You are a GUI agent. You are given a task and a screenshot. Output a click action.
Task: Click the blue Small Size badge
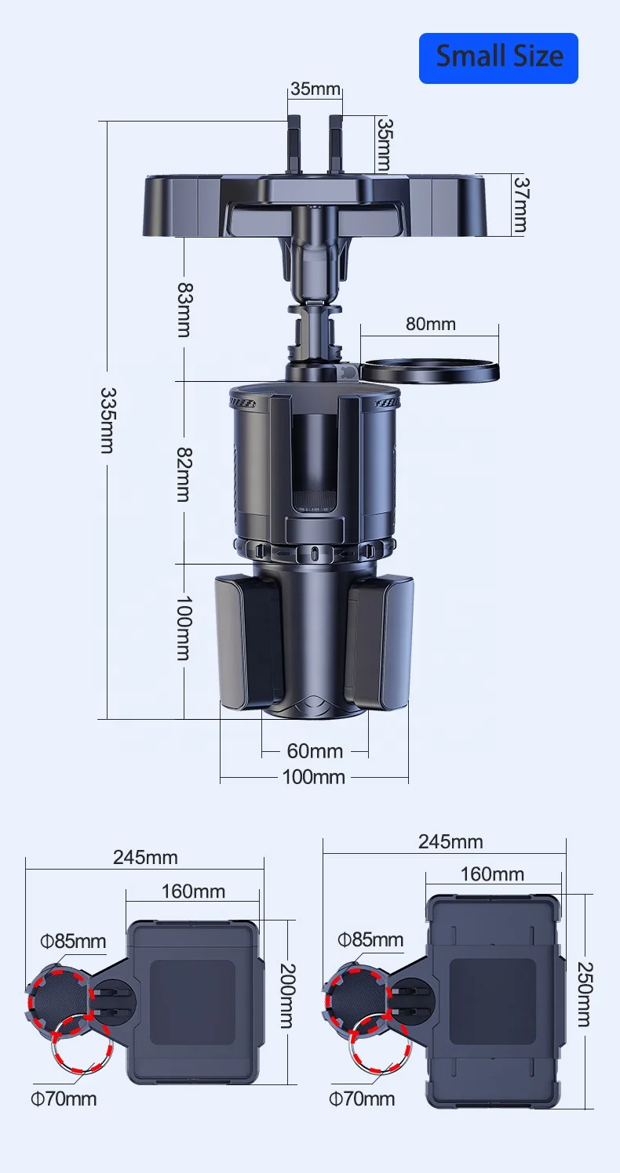tap(498, 58)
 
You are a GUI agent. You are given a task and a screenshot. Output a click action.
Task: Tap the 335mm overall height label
tap(108, 420)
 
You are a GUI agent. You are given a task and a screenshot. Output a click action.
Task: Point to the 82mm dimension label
tap(184, 474)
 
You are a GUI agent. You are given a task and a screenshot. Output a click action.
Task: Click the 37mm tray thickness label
tap(521, 205)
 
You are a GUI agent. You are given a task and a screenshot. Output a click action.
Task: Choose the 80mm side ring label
tap(431, 324)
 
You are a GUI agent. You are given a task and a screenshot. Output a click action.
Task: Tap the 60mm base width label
tap(315, 751)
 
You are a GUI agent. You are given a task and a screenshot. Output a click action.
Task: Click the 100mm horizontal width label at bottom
tap(313, 776)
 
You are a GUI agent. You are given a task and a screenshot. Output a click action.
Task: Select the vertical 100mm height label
tap(184, 628)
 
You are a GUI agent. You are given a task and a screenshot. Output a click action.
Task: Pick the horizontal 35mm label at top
tap(315, 89)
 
